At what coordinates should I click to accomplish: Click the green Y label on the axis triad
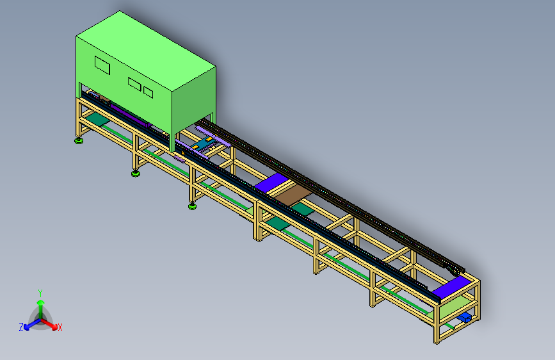pos(40,292)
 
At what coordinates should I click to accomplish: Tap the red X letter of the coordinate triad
pos(60,328)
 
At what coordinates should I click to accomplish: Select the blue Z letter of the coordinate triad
pos(21,327)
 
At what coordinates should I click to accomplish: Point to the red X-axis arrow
pos(52,323)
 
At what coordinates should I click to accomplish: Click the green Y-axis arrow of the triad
pos(40,304)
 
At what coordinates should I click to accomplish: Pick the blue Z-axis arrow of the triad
pos(29,324)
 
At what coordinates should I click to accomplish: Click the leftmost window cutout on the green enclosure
pos(102,64)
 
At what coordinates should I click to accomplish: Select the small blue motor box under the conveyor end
pos(465,317)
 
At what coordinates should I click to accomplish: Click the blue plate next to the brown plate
pos(270,183)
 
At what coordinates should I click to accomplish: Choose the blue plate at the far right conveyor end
pos(451,288)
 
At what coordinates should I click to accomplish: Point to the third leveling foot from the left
pos(192,206)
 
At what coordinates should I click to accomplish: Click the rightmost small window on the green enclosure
pos(149,92)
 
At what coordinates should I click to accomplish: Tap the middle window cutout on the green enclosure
pos(134,83)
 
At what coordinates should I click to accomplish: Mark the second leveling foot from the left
pos(136,173)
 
